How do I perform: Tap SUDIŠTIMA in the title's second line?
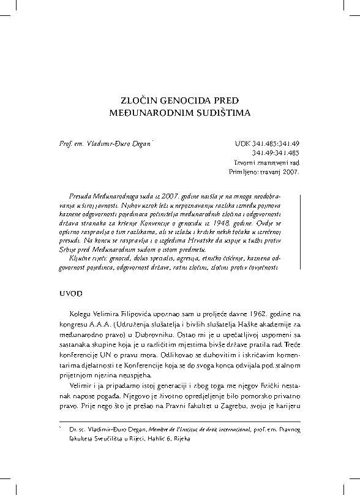215,113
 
